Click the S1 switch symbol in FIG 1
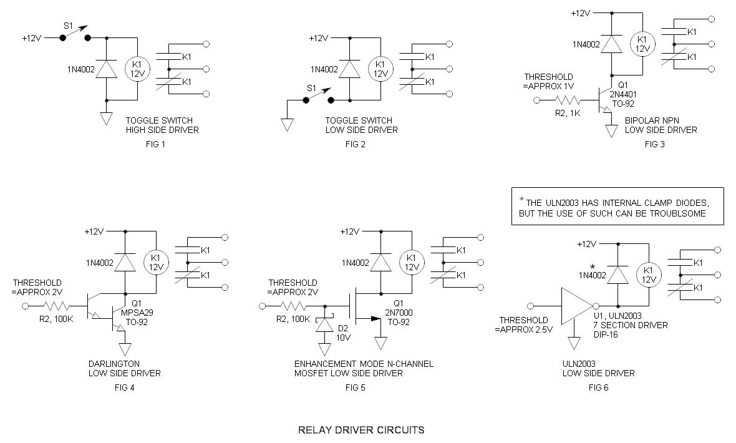click(x=75, y=35)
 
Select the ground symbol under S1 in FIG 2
click(x=287, y=124)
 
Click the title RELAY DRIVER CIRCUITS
click(x=361, y=430)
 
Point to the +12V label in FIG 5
click(x=349, y=231)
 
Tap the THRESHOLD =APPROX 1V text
click(x=549, y=81)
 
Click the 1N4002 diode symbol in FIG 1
click(x=107, y=69)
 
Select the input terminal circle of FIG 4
click(x=26, y=306)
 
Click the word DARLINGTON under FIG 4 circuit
click(x=114, y=363)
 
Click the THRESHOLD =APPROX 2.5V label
click(x=525, y=325)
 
